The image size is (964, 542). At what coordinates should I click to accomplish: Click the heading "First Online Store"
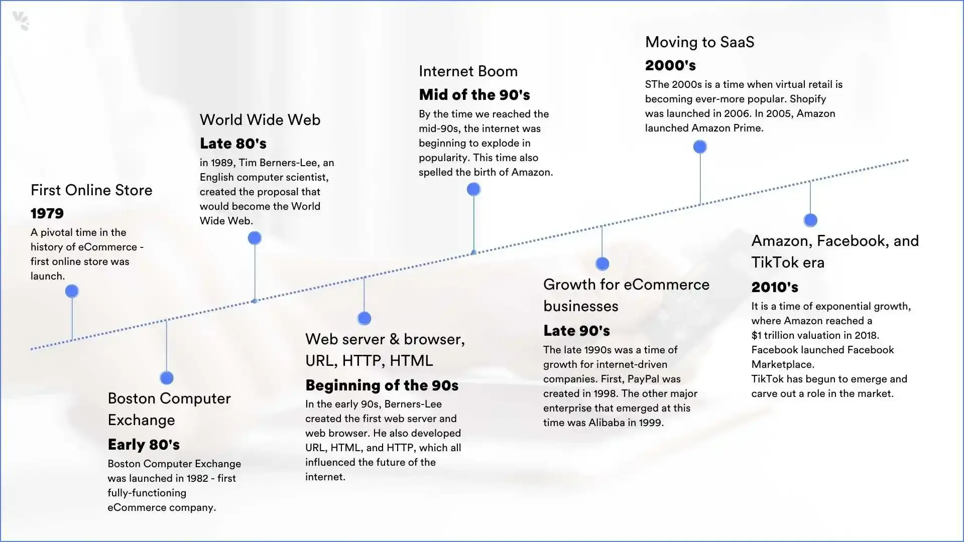pyautogui.click(x=91, y=190)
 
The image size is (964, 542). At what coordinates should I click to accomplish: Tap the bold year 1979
pyautogui.click(x=47, y=213)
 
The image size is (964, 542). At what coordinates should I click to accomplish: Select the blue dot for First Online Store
pyautogui.click(x=72, y=291)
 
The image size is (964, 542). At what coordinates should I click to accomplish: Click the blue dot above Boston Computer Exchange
pyautogui.click(x=167, y=377)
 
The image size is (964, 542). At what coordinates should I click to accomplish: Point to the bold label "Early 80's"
pyautogui.click(x=144, y=445)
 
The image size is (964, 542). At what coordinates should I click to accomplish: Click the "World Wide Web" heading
pyautogui.click(x=260, y=120)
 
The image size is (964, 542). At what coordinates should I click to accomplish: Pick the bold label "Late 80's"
pyautogui.click(x=233, y=144)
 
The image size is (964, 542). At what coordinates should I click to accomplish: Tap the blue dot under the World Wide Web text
pyautogui.click(x=255, y=238)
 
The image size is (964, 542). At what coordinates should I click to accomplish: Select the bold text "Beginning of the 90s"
pyautogui.click(x=382, y=385)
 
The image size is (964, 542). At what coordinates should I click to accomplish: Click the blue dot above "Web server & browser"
pyautogui.click(x=364, y=318)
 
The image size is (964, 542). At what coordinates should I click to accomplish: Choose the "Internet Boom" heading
pyautogui.click(x=468, y=71)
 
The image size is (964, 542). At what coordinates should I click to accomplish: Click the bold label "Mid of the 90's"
pyautogui.click(x=474, y=95)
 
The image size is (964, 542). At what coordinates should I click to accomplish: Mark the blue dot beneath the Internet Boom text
pyautogui.click(x=473, y=189)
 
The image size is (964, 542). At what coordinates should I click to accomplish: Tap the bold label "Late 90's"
pyautogui.click(x=576, y=331)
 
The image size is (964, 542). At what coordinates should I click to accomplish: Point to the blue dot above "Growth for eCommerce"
pyautogui.click(x=602, y=263)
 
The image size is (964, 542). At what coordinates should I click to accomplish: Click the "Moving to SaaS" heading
pyautogui.click(x=699, y=42)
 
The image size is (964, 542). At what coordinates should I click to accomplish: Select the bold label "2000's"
pyautogui.click(x=670, y=65)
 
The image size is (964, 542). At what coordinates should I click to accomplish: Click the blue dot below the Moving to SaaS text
pyautogui.click(x=700, y=147)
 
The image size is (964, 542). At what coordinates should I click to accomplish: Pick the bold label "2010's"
pyautogui.click(x=775, y=287)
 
